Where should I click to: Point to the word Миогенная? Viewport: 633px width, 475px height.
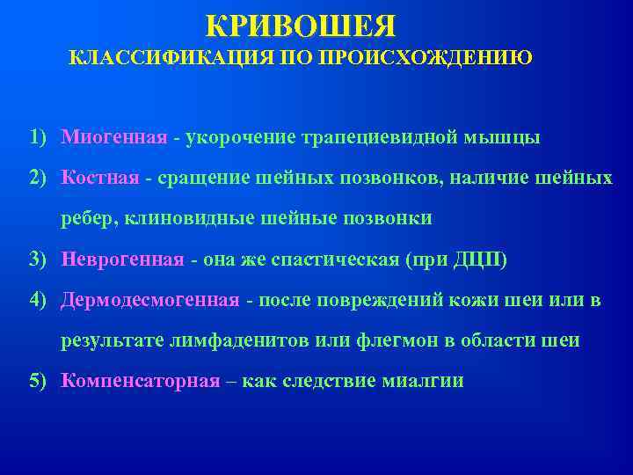pos(114,138)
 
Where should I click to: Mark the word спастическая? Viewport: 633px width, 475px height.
pos(332,259)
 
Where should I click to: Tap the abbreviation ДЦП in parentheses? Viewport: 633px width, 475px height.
pos(476,259)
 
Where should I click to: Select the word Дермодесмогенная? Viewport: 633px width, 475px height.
pos(149,300)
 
